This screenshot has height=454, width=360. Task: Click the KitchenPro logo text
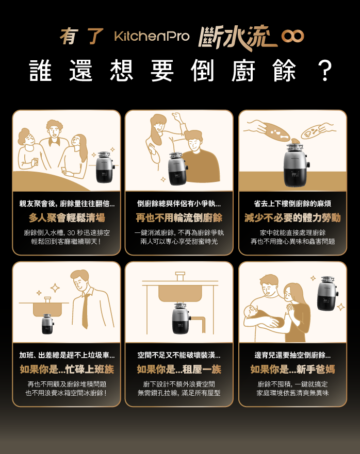coord(152,36)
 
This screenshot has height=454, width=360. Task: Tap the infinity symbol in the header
coord(292,36)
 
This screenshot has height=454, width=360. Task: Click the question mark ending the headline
coord(324,71)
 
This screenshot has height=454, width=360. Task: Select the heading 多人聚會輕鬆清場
coord(67,218)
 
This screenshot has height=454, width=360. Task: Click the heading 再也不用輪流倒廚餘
coord(179,218)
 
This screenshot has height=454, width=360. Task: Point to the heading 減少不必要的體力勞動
coord(292,218)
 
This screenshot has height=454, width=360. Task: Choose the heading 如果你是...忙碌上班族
coord(67,369)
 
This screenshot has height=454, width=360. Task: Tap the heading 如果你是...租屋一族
coord(179,369)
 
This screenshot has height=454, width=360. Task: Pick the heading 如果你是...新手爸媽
coord(292,369)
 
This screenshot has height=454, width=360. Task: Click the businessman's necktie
coord(85,311)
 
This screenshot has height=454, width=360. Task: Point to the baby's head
coord(250,312)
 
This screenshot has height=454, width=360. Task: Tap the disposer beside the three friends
coord(104,167)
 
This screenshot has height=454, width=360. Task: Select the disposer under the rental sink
coord(179,318)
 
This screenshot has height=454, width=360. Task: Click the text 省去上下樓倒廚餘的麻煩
coord(292,204)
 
